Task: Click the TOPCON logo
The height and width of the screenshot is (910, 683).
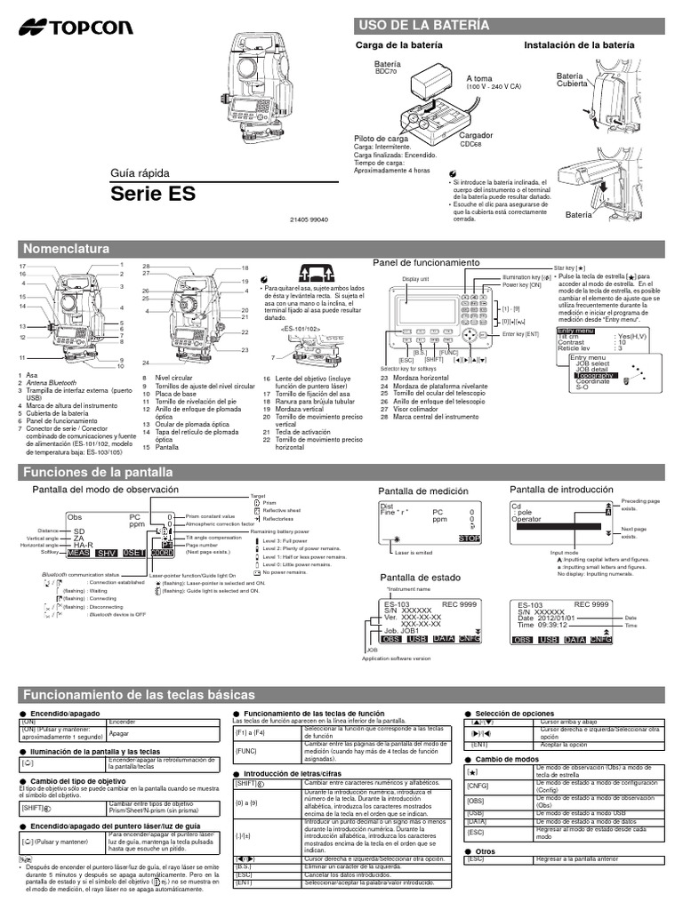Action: click(66, 28)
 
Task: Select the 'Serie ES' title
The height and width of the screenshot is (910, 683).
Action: click(152, 193)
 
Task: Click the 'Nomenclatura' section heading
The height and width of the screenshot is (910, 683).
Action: click(67, 248)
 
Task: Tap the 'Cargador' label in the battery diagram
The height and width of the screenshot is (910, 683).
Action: click(477, 136)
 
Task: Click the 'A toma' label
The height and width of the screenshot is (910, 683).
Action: click(480, 79)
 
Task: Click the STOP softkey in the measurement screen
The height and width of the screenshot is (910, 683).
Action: click(469, 539)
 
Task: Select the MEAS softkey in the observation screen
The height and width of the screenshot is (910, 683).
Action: click(77, 553)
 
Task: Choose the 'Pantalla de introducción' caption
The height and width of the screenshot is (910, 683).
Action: click(564, 490)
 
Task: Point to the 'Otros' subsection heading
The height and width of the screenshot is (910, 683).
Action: click(485, 850)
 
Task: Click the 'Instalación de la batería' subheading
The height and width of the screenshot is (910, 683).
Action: click(579, 44)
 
